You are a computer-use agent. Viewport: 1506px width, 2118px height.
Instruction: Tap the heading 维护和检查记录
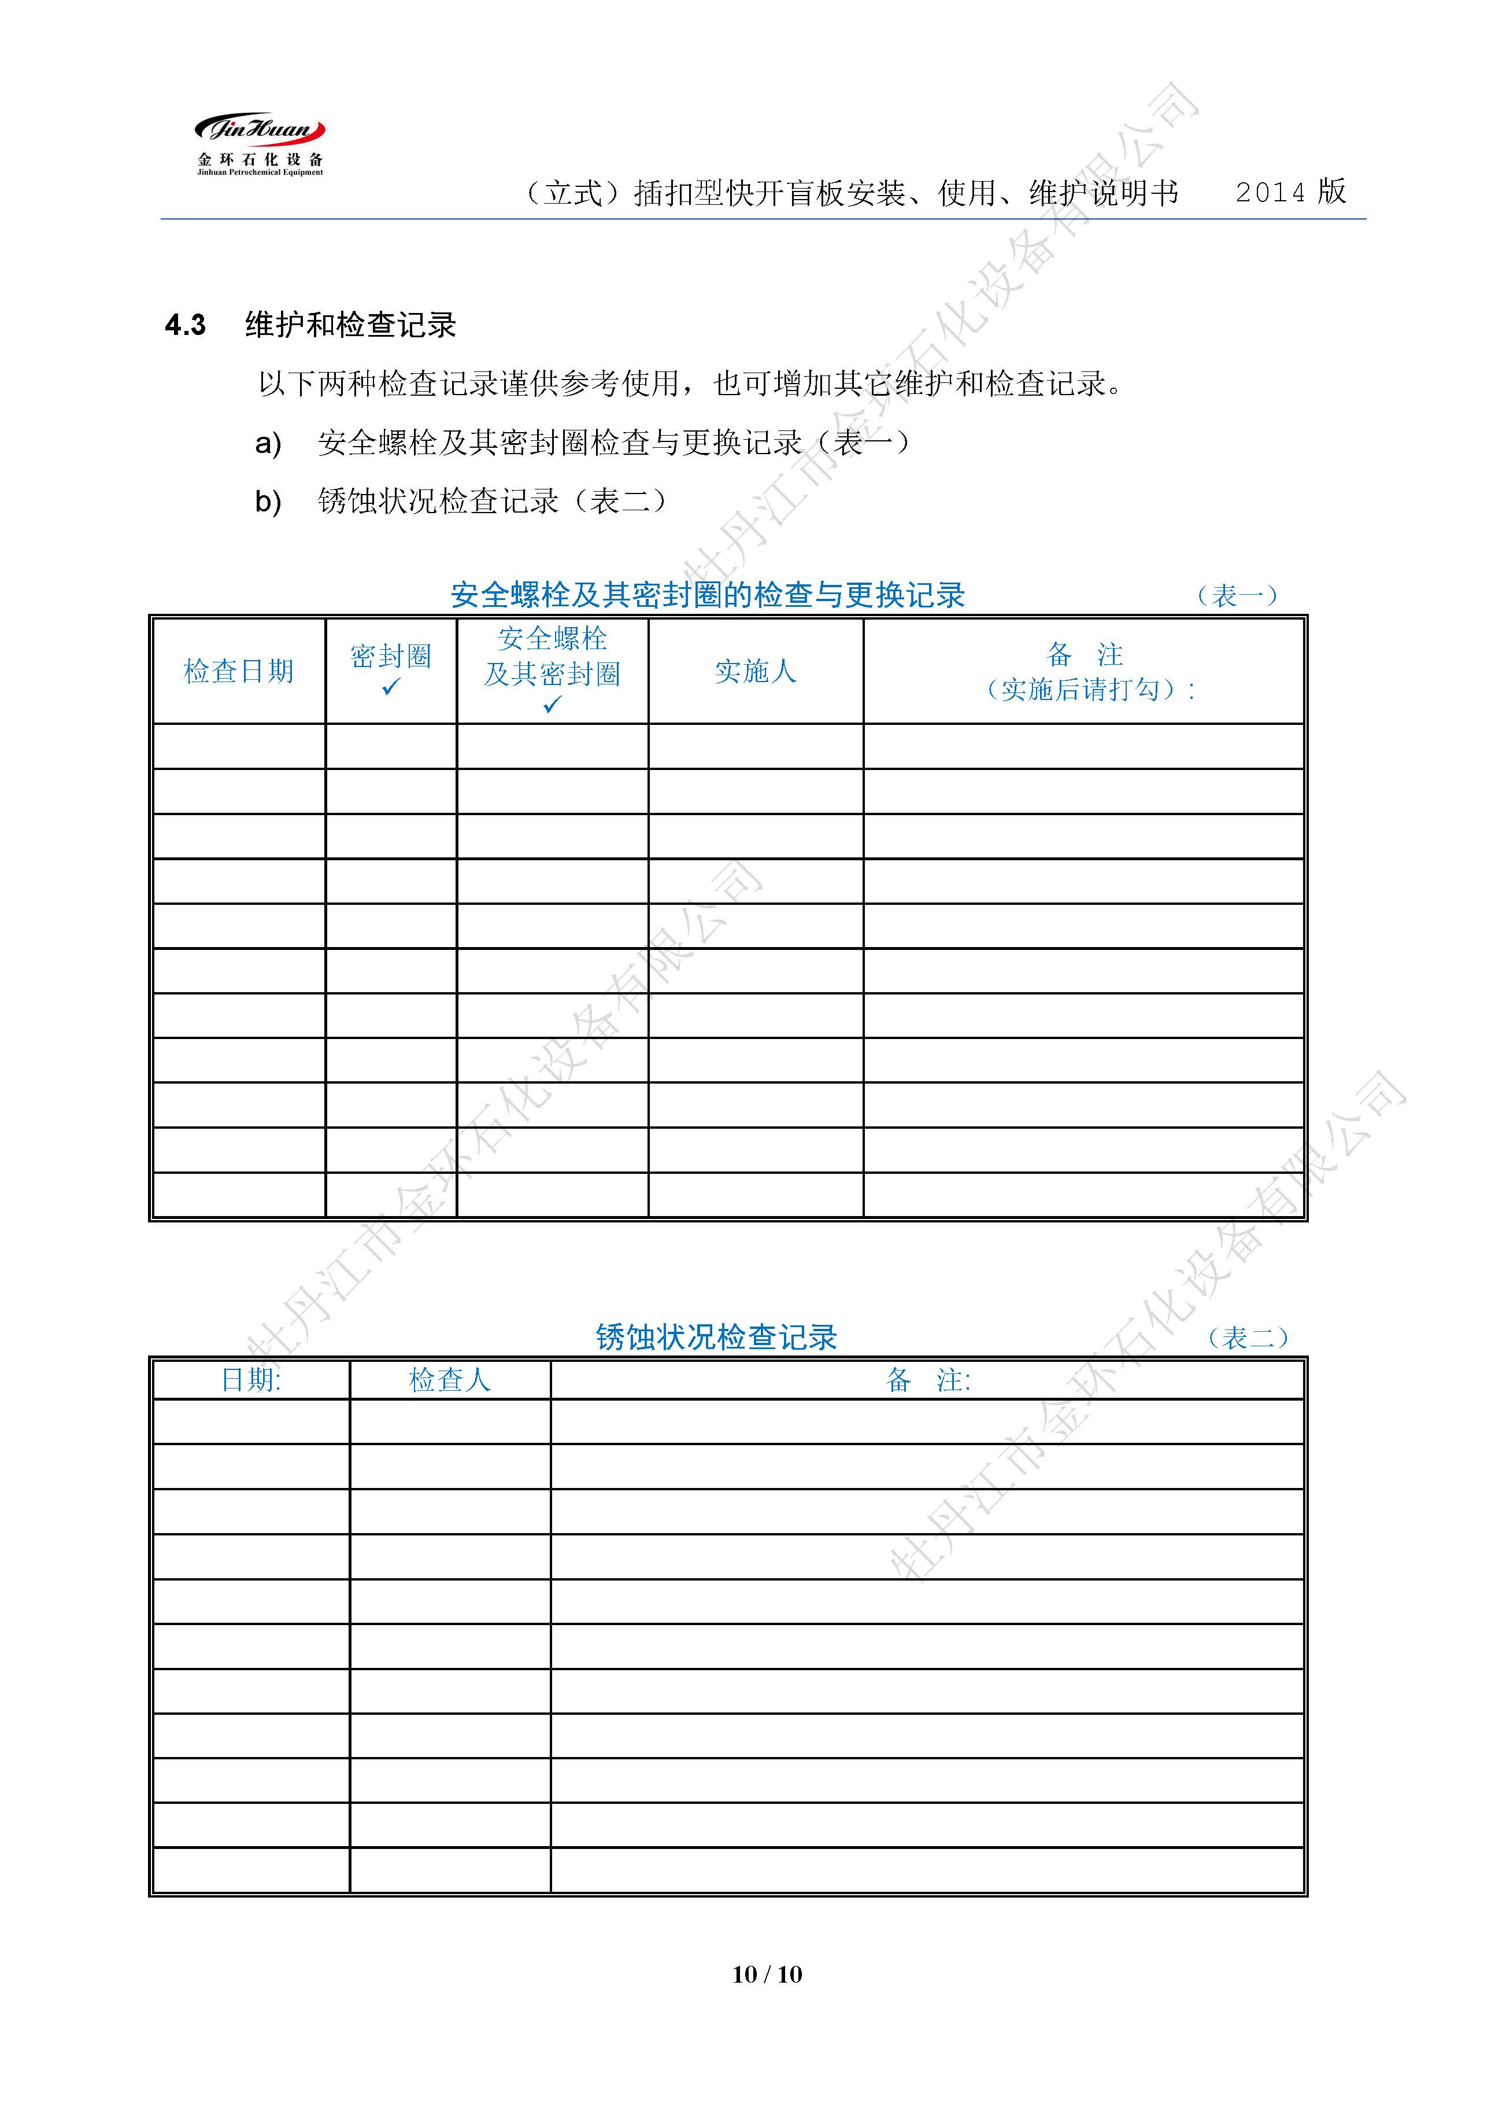pos(350,325)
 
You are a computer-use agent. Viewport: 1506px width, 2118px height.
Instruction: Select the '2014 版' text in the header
pos(1290,192)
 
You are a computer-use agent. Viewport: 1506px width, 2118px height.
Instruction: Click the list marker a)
pos(268,444)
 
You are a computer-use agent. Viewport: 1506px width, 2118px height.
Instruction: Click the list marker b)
pos(268,502)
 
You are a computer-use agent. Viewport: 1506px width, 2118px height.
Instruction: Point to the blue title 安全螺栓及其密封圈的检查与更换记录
pos(708,595)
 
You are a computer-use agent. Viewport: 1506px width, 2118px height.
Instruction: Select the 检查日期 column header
pos(238,671)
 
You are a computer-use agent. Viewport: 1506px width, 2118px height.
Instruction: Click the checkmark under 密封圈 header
pos(390,687)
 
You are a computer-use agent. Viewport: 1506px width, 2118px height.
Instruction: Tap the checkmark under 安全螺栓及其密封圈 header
pos(553,705)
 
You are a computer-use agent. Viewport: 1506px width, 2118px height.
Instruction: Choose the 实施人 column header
pos(755,671)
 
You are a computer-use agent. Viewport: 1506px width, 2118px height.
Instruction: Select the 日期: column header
pos(250,1380)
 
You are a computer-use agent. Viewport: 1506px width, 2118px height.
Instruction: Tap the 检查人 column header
pos(450,1380)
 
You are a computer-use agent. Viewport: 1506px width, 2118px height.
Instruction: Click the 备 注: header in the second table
pos(927,1380)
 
